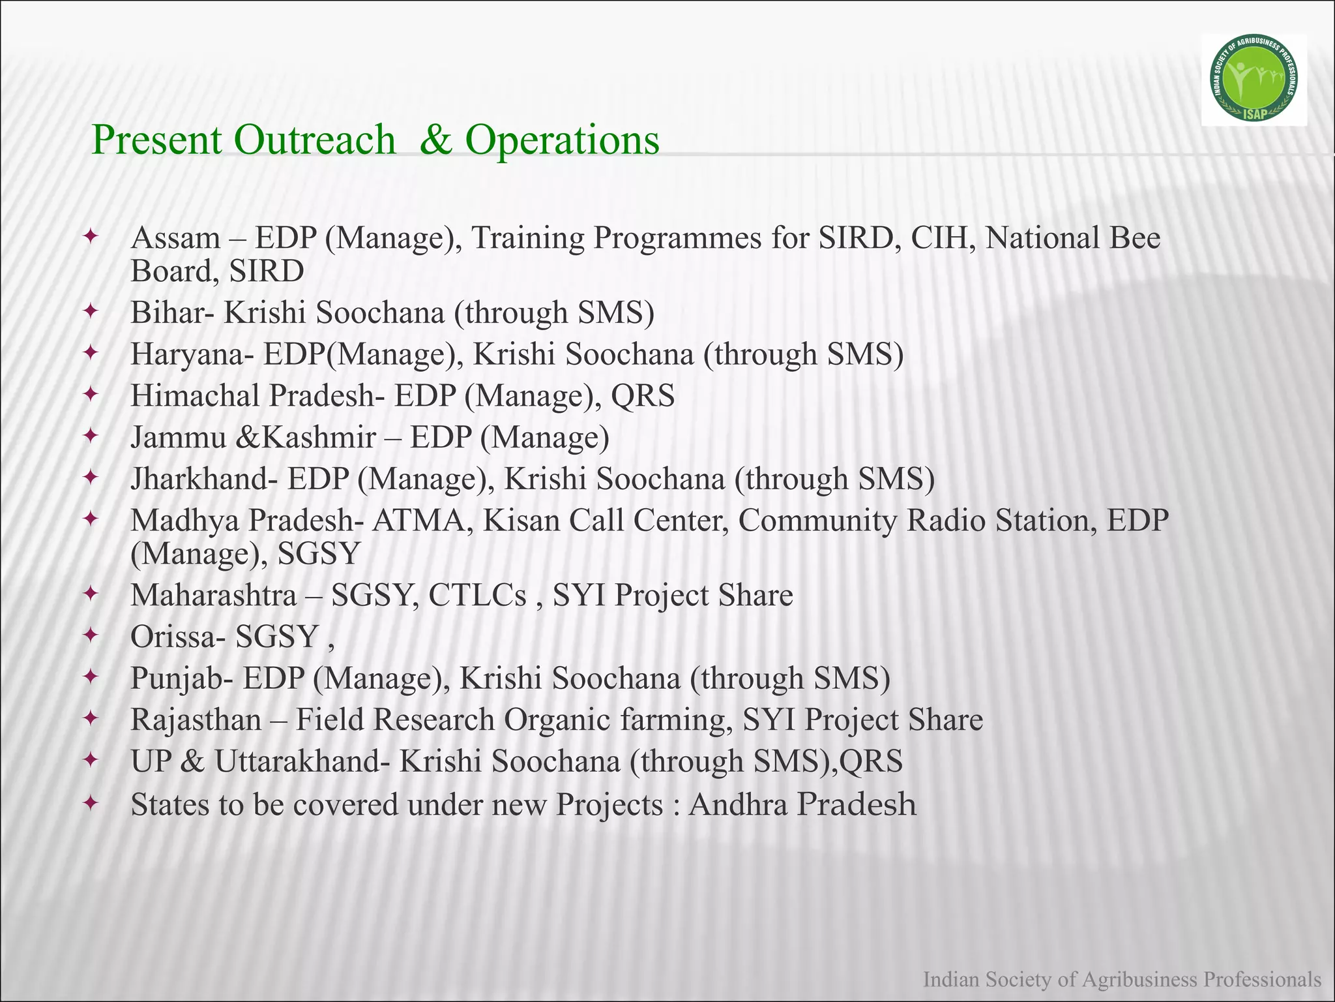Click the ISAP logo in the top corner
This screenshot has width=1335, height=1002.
(1254, 80)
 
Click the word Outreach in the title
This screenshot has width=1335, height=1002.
(315, 140)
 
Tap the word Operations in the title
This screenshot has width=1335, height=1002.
(562, 140)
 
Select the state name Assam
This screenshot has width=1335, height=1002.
(175, 238)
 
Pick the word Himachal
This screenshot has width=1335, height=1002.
(195, 396)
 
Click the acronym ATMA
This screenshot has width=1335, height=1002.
(421, 521)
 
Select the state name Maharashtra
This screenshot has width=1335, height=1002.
(213, 596)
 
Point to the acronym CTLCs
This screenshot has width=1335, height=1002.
(477, 596)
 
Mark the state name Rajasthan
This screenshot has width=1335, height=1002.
(196, 720)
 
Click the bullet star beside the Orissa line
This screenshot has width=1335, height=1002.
(91, 635)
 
